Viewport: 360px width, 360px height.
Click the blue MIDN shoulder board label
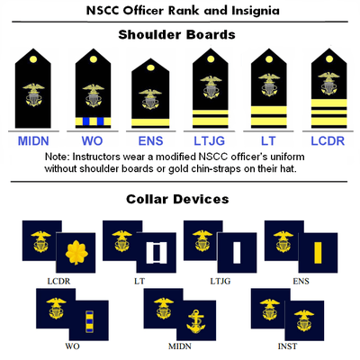(x=33, y=141)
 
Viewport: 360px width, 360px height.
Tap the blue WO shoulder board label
(x=93, y=141)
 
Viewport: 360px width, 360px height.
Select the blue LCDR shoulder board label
(x=328, y=141)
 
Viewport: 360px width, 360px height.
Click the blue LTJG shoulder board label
(x=209, y=141)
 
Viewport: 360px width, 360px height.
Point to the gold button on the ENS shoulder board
(x=150, y=67)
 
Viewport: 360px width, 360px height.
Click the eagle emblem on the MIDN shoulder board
(x=33, y=94)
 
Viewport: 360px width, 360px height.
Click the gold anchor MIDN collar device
(x=196, y=321)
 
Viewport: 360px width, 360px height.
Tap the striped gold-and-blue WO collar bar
(x=89, y=321)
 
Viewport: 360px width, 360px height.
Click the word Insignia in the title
(x=256, y=11)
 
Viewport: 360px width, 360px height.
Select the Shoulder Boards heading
(x=176, y=35)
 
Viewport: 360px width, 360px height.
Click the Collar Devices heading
(x=177, y=199)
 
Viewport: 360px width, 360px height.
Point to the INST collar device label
(x=287, y=346)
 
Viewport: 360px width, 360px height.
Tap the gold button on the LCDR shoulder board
(x=329, y=58)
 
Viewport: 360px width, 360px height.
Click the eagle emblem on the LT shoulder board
(x=269, y=85)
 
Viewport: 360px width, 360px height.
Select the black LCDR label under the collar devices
(x=58, y=282)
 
